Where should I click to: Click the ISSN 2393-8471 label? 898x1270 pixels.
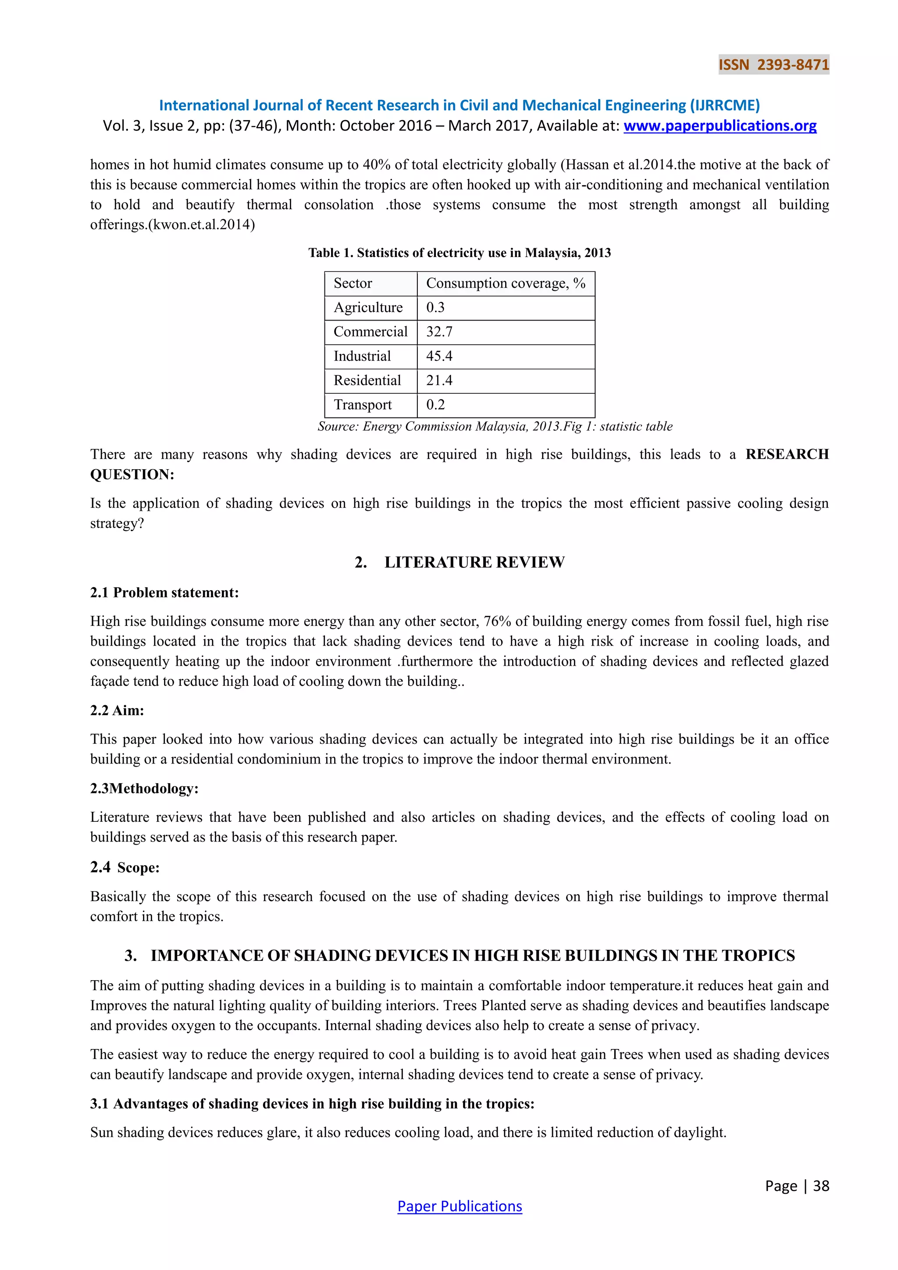click(x=773, y=65)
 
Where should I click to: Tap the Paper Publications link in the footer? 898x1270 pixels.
click(x=460, y=1206)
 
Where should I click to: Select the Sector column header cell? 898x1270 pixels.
click(x=353, y=283)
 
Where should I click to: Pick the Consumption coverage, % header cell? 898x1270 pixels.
click(x=506, y=283)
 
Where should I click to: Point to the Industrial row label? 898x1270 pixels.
click(x=362, y=356)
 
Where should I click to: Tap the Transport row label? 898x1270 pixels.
click(x=363, y=405)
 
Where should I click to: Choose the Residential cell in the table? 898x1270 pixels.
click(x=367, y=381)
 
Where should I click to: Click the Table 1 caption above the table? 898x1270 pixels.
click(x=460, y=253)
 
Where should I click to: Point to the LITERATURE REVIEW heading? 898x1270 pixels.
click(x=474, y=562)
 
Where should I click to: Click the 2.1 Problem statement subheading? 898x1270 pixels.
click(x=164, y=592)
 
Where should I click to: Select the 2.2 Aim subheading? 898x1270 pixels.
click(x=117, y=710)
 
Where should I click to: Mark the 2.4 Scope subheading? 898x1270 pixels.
click(x=125, y=867)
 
